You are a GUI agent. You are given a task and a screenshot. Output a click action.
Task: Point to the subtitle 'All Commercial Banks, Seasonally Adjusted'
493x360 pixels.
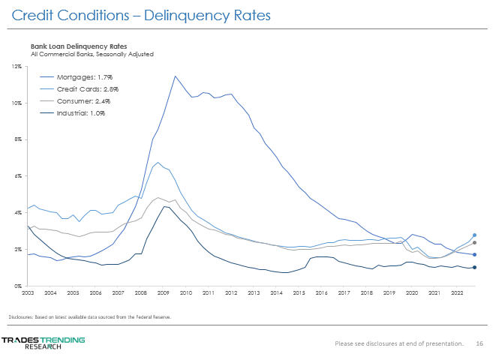point(92,54)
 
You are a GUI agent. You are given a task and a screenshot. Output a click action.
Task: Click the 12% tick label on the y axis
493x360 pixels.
point(17,67)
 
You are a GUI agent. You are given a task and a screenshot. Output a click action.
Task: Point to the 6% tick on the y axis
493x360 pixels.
point(18,176)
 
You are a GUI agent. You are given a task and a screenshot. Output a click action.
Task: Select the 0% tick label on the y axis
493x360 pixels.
point(18,286)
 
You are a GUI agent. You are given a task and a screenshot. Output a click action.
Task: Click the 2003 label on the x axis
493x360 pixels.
point(28,292)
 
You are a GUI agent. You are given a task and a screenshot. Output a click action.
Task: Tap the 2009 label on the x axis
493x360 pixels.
point(163,292)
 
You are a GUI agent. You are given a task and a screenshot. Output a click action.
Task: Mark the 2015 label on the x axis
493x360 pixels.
point(299,292)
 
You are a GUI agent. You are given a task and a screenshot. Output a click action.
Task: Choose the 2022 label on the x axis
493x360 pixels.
point(456,292)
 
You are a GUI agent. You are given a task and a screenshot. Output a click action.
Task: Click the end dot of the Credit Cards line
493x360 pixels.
point(474,235)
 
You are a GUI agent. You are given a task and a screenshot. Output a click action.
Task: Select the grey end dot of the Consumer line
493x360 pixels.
point(474,243)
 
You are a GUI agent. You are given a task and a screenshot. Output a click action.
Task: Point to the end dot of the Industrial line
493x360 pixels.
point(474,267)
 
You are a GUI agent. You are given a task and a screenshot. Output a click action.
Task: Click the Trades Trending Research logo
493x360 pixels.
point(43,343)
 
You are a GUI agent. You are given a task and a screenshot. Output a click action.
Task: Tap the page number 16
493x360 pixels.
point(479,343)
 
